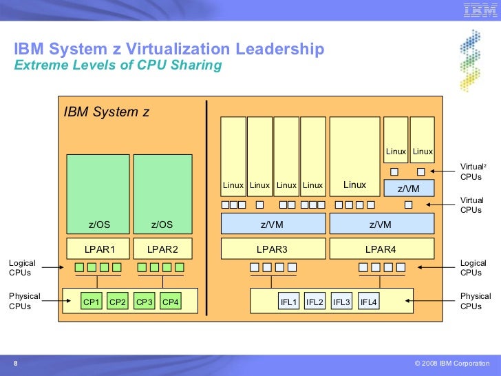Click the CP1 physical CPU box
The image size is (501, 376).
click(x=92, y=302)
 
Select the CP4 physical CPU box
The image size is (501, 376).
click(x=170, y=302)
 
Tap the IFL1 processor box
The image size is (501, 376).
click(x=288, y=302)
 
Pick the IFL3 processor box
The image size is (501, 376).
click(x=341, y=302)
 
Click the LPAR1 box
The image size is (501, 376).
click(x=98, y=249)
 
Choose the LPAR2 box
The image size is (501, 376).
click(x=162, y=249)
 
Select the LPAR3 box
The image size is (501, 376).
click(x=273, y=249)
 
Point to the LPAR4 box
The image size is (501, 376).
click(x=382, y=249)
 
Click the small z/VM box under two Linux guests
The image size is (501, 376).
click(x=409, y=189)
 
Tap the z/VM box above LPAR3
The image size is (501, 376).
click(x=273, y=224)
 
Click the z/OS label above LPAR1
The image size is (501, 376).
click(x=98, y=224)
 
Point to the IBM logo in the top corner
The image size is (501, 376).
click(x=480, y=10)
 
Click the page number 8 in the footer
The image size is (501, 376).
click(x=15, y=364)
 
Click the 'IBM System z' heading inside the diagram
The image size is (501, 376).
click(x=107, y=112)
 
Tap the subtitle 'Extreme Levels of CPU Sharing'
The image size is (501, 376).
click(x=118, y=66)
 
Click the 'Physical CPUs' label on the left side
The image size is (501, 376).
click(x=24, y=301)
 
